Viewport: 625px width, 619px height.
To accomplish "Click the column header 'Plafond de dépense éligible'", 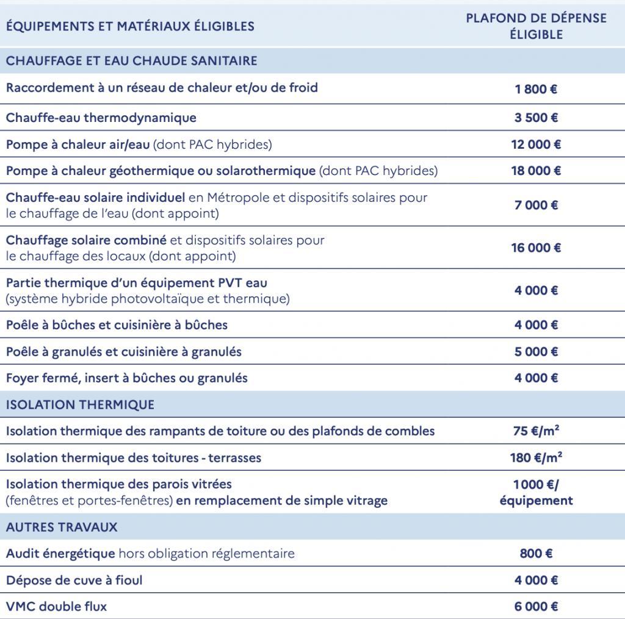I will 536,26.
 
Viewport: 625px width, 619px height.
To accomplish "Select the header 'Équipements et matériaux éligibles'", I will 130,26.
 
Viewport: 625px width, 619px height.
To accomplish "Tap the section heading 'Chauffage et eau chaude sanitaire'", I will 131,61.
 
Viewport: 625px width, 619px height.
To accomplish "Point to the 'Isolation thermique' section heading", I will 80,404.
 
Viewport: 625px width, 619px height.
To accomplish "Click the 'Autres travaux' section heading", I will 62,526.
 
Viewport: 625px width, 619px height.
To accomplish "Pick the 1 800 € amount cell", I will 536,89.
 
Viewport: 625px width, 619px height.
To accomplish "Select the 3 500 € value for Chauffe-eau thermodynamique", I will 536,118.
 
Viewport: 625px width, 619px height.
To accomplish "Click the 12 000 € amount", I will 536,145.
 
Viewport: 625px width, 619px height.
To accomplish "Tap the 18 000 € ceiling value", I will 536,171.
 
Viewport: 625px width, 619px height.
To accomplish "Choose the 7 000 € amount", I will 536,206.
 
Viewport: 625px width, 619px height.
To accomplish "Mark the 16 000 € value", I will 536,248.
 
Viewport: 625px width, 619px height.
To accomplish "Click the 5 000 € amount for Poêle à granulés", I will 536,352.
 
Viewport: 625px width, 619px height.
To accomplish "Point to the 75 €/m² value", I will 536,431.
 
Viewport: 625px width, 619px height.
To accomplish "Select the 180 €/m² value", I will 536,458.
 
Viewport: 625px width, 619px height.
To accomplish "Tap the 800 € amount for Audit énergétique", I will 536,554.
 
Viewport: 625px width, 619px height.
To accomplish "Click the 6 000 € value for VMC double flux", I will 536,606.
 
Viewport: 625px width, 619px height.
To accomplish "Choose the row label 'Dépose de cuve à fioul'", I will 74,580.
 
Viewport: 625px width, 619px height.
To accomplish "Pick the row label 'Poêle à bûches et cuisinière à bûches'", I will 117,325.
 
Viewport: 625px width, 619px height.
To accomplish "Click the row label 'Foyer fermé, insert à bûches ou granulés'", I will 127,378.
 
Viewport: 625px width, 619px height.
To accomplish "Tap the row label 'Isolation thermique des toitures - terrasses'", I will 133,458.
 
